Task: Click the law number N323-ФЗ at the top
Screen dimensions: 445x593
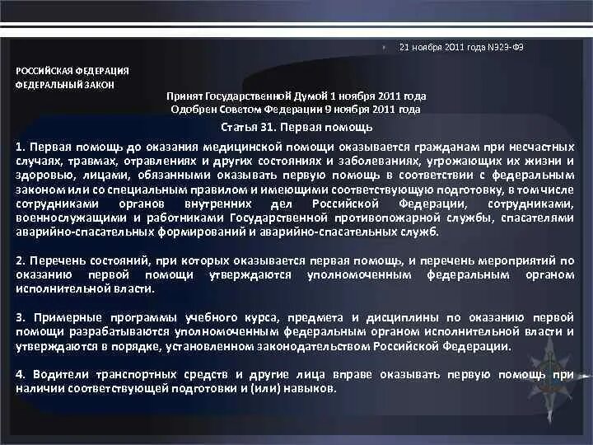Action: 507,47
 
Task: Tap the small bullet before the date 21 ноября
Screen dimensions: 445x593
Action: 385,47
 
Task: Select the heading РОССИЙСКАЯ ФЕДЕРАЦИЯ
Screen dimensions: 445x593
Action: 72,71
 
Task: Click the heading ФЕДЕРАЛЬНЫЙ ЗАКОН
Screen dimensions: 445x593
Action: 65,85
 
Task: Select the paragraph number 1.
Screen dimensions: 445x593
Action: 19,146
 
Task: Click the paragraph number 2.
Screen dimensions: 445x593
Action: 19,260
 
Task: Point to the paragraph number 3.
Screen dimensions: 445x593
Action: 19,317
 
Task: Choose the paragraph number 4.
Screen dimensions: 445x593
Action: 19,374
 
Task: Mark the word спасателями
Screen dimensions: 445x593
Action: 539,218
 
